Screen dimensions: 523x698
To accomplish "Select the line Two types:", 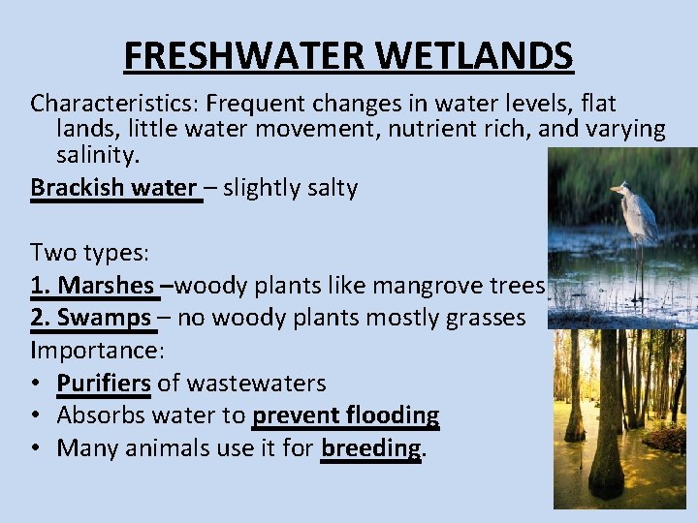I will tap(89, 253).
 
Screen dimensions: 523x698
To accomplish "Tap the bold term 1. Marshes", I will tap(93, 285).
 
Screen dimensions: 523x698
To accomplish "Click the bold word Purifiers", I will tap(104, 383).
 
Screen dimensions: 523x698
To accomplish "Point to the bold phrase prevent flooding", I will tap(345, 415).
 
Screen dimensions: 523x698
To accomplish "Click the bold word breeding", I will tap(371, 448).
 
